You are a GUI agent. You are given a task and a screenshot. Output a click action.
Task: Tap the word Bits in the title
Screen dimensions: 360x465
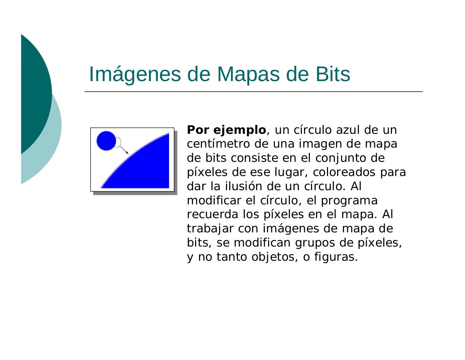pyautogui.click(x=333, y=74)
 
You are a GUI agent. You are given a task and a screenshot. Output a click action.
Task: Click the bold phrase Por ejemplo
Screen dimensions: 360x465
pyautogui.click(x=226, y=130)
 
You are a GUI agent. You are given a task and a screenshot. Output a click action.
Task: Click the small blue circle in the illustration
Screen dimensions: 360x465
pyautogui.click(x=106, y=141)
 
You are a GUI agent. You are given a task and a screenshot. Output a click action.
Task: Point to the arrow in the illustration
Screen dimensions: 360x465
pyautogui.click(x=124, y=149)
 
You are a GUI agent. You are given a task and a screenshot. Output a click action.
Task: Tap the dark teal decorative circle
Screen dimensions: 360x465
pyautogui.click(x=35, y=91)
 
